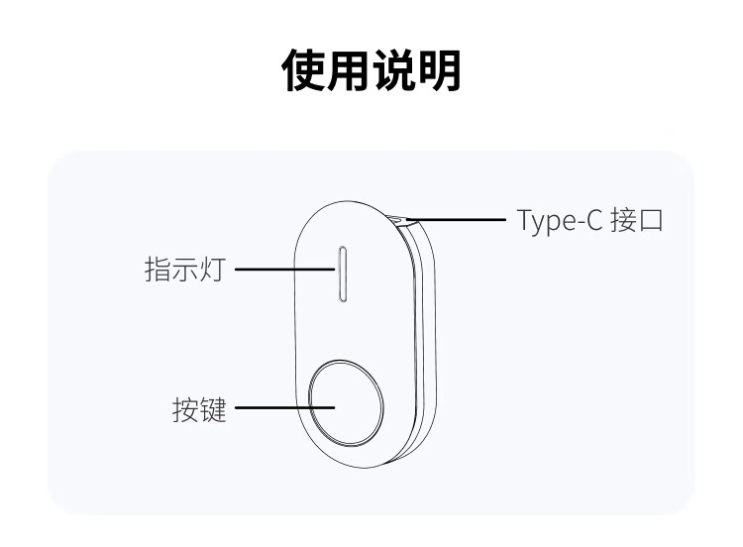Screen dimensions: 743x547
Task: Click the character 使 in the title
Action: tap(305, 70)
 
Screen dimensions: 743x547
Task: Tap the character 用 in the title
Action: tap(350, 70)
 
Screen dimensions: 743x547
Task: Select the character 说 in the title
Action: tap(394, 70)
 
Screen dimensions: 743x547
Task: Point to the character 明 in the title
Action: tap(439, 70)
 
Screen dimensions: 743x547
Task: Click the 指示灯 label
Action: tap(185, 270)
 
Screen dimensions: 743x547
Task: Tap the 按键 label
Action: tap(200, 409)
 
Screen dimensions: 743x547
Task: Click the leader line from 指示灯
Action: tap(282, 269)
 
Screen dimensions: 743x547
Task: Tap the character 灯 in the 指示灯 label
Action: tap(213, 270)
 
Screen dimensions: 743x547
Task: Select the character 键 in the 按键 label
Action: tap(214, 409)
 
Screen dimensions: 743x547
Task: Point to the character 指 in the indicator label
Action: tap(158, 270)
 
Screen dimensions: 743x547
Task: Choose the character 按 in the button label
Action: tap(186, 409)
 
